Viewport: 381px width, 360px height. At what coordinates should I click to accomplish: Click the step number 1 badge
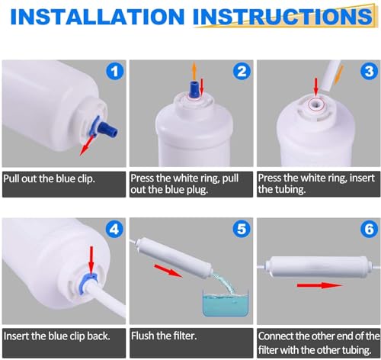114,71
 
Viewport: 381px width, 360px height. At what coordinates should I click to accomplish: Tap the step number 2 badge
242,71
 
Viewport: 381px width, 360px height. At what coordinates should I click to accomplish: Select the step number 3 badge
369,71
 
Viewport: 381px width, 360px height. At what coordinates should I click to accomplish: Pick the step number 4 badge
114,230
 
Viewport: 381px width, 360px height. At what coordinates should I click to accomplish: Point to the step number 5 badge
242,229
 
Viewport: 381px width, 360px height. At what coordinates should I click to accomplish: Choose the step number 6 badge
369,229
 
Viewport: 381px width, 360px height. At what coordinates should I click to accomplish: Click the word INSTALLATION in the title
98,17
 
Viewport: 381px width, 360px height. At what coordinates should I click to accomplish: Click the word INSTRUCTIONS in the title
283,17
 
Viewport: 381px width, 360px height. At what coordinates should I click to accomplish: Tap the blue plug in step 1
108,128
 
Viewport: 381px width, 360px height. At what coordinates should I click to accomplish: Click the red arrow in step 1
88,146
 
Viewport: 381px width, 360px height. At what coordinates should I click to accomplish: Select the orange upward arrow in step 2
194,71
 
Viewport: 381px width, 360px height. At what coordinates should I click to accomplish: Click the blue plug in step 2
194,89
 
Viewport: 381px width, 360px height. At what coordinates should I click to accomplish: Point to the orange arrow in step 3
339,75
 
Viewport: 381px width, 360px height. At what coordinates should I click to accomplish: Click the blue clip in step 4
89,280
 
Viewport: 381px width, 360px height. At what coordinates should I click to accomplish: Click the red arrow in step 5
168,271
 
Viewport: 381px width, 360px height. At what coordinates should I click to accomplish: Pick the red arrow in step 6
319,285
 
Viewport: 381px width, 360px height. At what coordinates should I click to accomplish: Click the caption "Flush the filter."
164,336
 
